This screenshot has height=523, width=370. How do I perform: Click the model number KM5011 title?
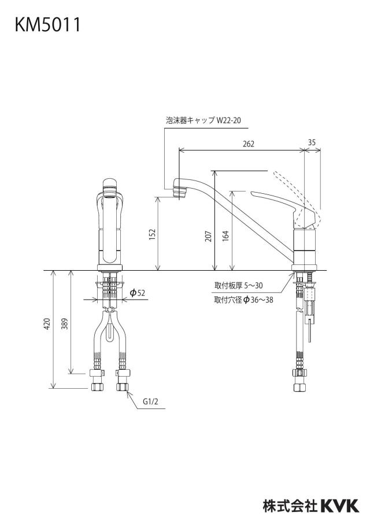pyautogui.click(x=47, y=25)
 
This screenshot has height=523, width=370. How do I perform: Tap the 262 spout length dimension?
pyautogui.click(x=249, y=143)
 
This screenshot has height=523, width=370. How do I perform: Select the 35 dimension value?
pyautogui.click(x=312, y=142)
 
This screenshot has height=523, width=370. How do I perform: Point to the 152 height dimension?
pyautogui.click(x=152, y=235)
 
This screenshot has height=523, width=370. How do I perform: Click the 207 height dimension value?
pyautogui.click(x=209, y=236)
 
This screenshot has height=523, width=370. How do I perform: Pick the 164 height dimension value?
pyautogui.click(x=226, y=236)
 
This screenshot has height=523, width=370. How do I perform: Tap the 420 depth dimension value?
pyautogui.click(x=47, y=324)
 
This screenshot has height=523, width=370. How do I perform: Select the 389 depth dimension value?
pyautogui.click(x=65, y=324)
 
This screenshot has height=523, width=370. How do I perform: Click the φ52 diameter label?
pyautogui.click(x=138, y=293)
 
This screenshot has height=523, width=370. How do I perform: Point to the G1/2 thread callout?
pyautogui.click(x=150, y=402)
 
